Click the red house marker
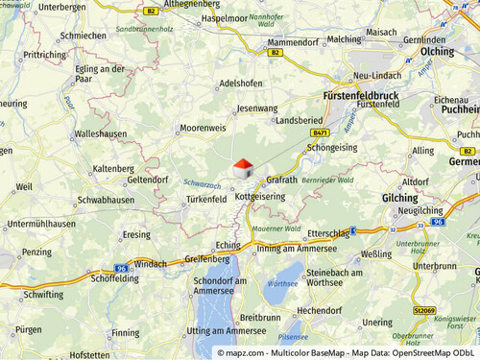[x=244, y=169]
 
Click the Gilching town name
[x=399, y=197]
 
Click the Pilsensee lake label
[x=293, y=337]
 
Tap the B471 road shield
[x=321, y=132]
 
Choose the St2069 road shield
[x=424, y=310]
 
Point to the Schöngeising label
[x=331, y=148]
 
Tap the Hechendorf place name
[x=320, y=310]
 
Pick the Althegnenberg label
[x=196, y=5]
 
